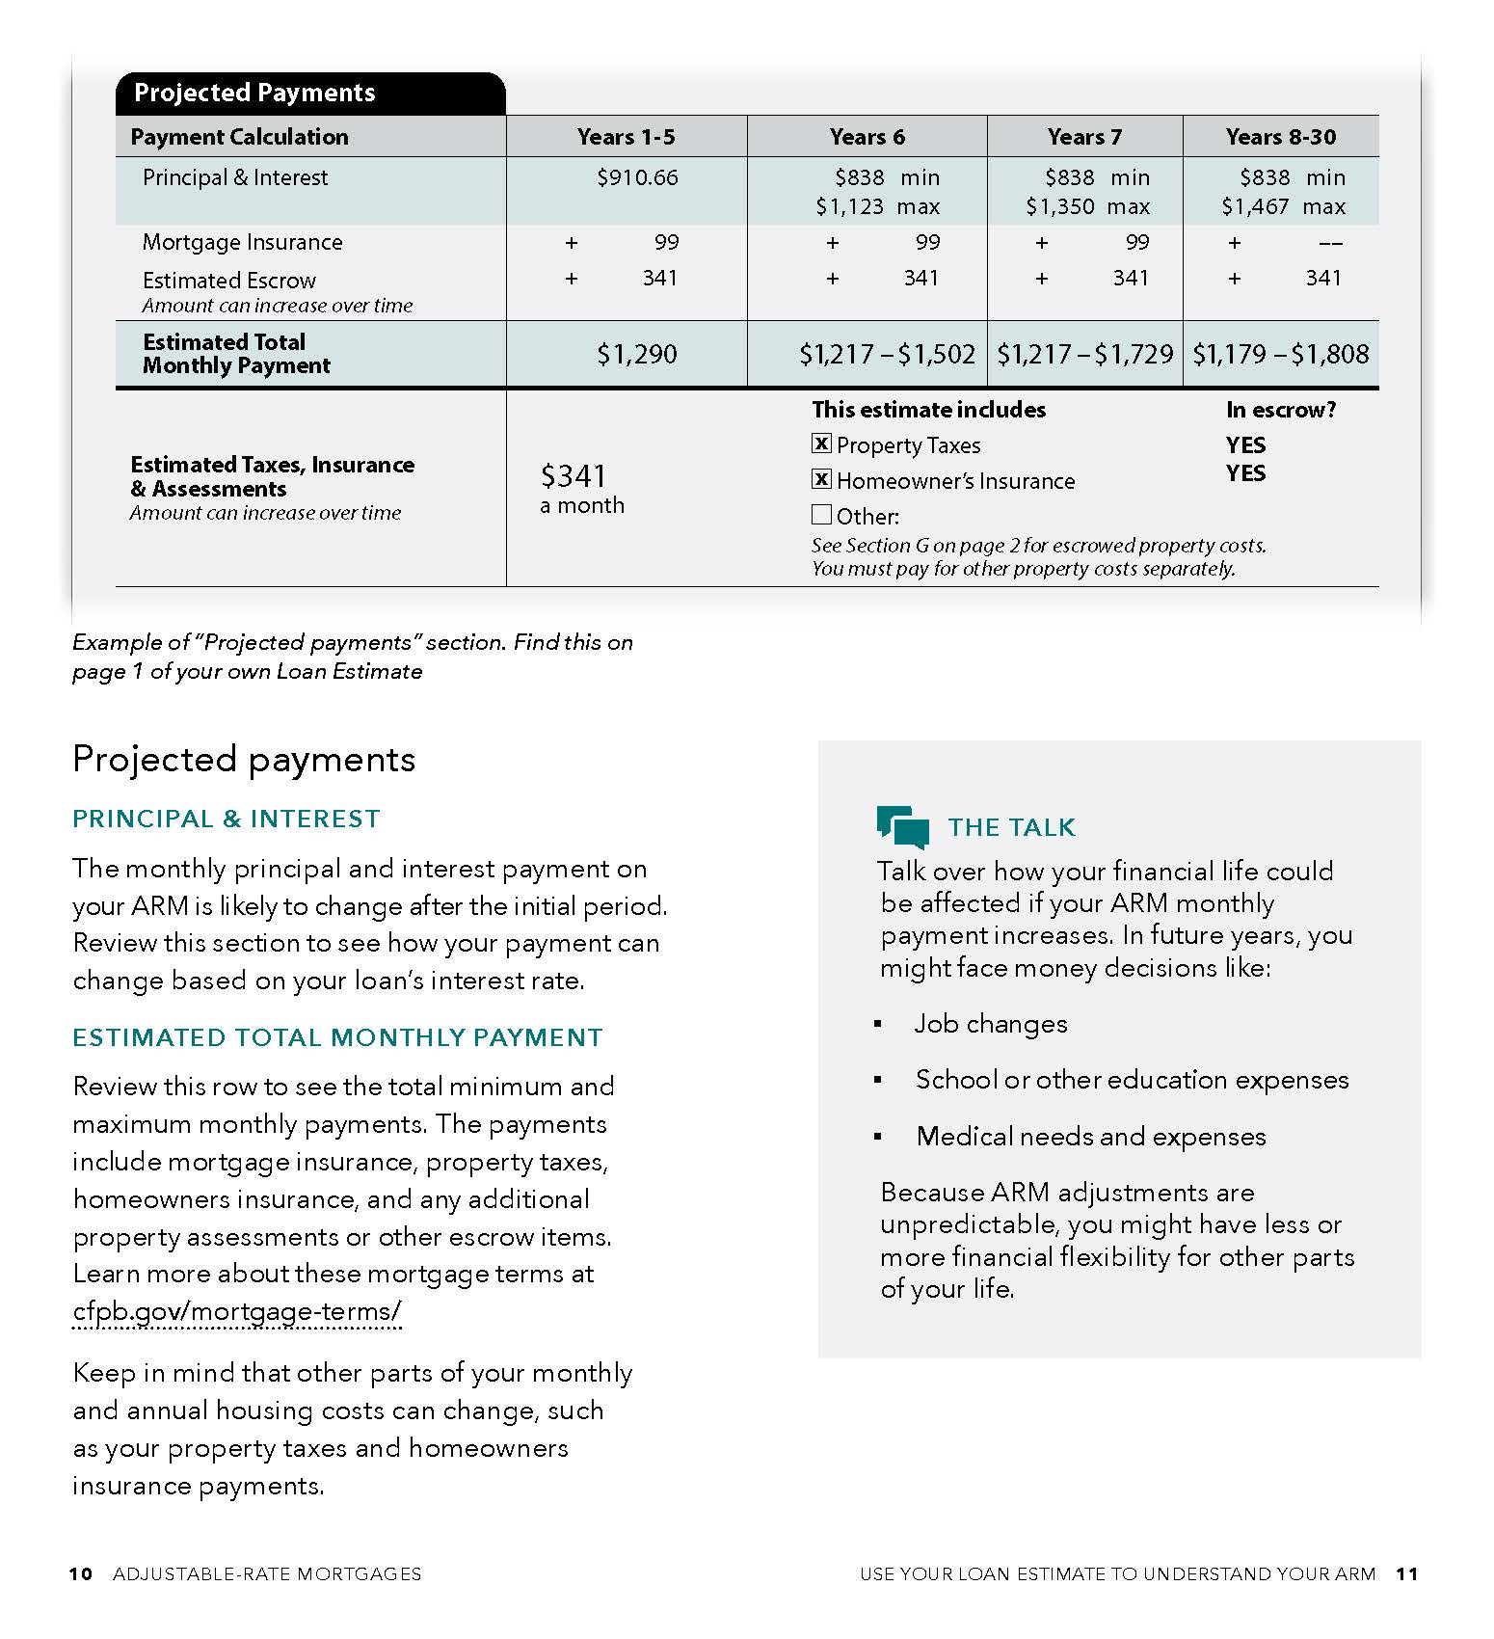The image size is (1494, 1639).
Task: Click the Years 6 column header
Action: [867, 137]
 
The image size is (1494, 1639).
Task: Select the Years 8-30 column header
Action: [1280, 137]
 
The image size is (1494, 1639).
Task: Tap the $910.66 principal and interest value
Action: [637, 177]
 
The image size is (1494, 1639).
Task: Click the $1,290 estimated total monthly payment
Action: [636, 354]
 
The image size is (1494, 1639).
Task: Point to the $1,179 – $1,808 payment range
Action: [1280, 354]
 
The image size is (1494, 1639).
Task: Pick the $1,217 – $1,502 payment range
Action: [887, 354]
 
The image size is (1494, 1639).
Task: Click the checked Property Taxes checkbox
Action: [821, 443]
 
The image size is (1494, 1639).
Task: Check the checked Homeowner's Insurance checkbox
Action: [821, 479]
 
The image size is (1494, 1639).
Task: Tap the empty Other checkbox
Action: [821, 514]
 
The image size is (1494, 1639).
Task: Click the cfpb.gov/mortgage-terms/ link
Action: [236, 1311]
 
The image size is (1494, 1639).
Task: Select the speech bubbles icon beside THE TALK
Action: [902, 826]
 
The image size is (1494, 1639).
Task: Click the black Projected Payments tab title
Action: [254, 93]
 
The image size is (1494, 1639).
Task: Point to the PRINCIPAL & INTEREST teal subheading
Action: [227, 819]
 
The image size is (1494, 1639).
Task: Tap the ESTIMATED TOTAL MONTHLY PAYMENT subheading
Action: [337, 1037]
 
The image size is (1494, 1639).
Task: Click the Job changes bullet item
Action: [990, 1023]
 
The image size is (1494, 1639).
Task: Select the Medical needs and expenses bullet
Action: [1090, 1136]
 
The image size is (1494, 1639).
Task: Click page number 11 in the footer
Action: [1406, 1573]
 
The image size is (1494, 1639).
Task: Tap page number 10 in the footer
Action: [81, 1573]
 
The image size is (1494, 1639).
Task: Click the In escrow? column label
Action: [1280, 410]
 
